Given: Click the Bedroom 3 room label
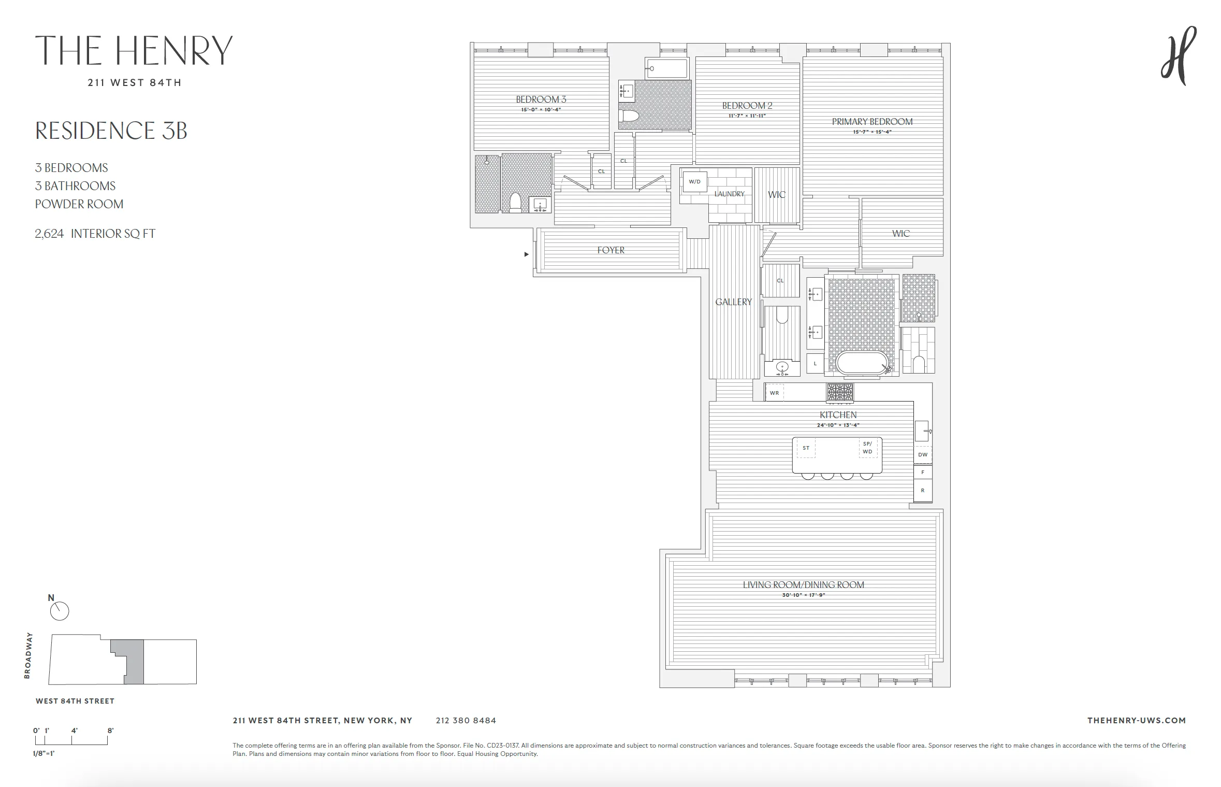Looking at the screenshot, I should click(541, 99).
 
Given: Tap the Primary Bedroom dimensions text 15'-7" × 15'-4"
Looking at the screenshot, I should click(872, 132).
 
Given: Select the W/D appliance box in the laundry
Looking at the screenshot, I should click(694, 182).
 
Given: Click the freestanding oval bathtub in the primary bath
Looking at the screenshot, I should click(862, 363).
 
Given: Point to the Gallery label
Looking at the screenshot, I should click(733, 302).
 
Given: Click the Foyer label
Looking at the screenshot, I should click(611, 250).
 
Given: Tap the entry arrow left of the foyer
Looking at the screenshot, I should click(527, 254).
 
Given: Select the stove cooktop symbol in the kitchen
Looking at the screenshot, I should click(839, 392).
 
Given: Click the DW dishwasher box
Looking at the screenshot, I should click(923, 454).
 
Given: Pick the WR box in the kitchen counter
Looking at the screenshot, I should click(774, 393).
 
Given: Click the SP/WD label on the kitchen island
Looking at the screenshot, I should click(867, 448).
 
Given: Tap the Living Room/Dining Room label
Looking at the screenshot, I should click(803, 584).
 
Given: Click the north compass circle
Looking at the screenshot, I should click(60, 611).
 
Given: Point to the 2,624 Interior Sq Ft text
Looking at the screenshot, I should click(95, 234).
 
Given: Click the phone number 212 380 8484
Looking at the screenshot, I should click(466, 720).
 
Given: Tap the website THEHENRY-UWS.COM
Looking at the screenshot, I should click(1136, 720).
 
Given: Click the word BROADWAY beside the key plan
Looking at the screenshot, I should click(28, 655).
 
